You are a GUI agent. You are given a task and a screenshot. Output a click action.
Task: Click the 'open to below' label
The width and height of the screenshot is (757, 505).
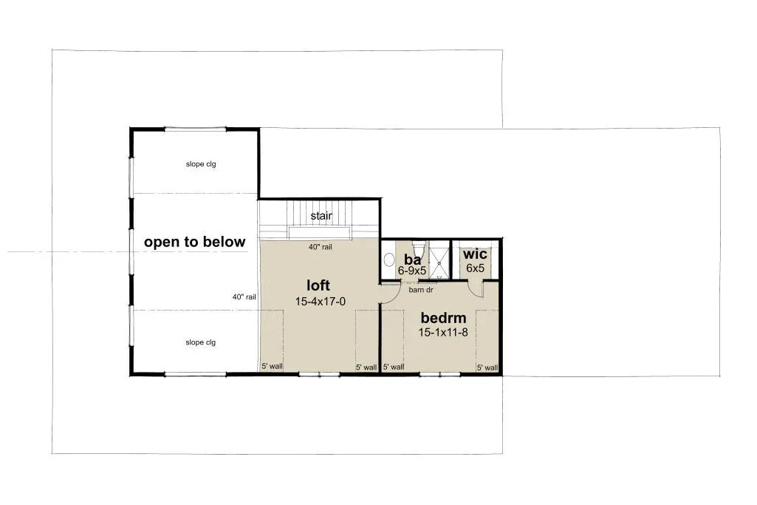(195, 243)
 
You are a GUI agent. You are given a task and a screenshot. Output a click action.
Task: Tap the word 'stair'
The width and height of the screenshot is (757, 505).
(321, 216)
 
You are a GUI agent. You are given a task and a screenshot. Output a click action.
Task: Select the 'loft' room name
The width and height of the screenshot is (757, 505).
(318, 285)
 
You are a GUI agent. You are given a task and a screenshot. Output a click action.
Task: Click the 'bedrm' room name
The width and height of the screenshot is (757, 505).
(443, 319)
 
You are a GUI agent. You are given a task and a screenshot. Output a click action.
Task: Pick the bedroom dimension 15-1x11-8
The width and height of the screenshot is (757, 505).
(443, 333)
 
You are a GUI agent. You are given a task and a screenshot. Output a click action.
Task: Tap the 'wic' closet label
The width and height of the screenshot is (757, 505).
(474, 255)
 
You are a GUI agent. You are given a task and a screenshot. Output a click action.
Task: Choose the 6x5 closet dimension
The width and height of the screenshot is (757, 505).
(475, 268)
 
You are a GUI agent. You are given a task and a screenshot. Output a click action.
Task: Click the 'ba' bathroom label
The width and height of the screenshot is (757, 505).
(412, 260)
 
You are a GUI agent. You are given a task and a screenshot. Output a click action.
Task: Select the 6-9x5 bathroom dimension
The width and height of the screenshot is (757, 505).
(412, 271)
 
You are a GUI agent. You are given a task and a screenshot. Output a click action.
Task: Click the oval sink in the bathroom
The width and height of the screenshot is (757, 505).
(389, 260)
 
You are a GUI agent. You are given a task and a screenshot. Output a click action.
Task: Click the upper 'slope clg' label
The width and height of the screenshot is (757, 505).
(200, 164)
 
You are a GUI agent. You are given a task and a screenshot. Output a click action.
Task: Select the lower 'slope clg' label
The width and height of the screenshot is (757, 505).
(200, 342)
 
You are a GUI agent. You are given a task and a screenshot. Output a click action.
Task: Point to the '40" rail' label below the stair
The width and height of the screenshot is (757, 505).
(320, 247)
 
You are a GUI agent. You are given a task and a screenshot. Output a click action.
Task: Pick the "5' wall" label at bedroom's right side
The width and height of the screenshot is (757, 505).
(487, 367)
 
